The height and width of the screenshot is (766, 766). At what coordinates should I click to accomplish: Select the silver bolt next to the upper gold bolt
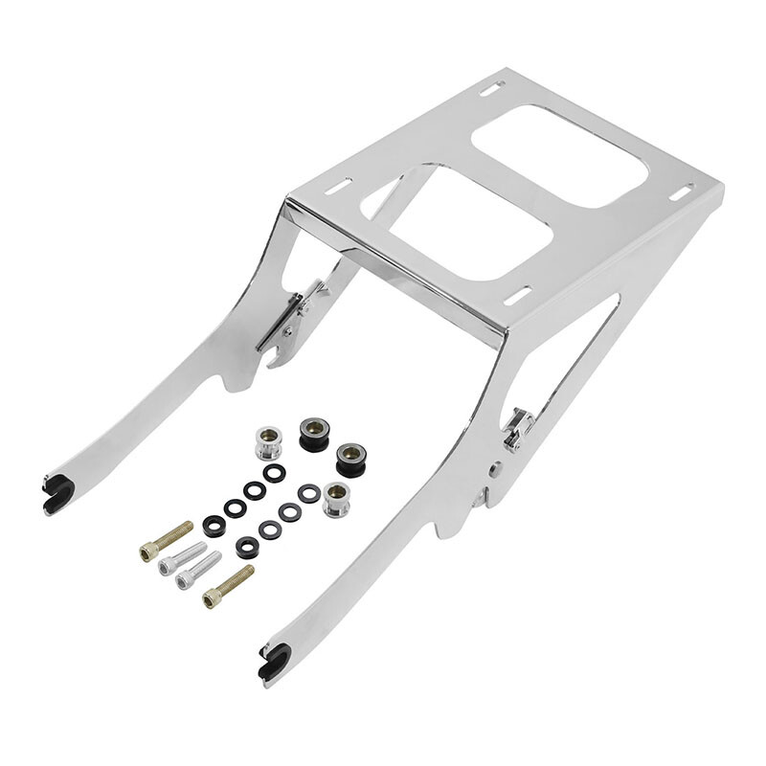182,558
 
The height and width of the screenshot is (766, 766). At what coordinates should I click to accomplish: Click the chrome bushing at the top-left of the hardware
267,443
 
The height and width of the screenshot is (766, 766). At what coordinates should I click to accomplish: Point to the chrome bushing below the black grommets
335,499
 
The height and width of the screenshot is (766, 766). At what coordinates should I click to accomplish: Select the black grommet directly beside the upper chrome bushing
313,433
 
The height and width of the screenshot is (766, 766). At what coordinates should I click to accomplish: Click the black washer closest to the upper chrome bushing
275,473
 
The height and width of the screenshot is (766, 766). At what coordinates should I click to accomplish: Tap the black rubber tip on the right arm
274,662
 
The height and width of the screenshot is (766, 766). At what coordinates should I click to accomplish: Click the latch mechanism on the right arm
517,428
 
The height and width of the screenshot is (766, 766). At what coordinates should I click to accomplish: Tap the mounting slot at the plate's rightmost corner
682,192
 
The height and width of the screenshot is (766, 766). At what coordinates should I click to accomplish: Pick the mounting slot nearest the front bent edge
517,295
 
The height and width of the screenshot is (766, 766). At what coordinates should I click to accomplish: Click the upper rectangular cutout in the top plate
558,154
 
